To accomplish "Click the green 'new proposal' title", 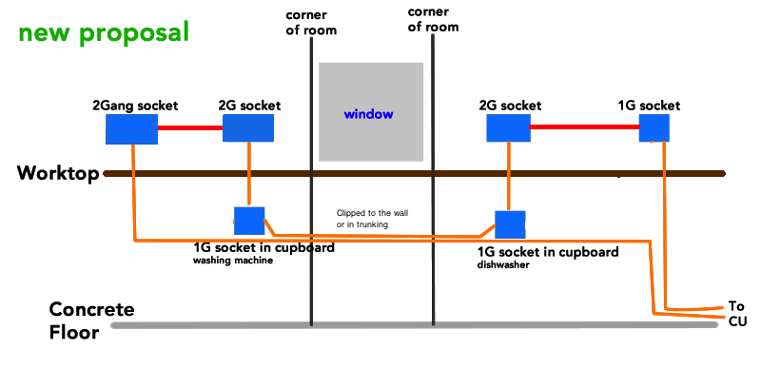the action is [104, 34].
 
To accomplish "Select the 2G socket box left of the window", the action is [248, 128].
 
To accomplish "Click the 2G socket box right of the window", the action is [508, 128].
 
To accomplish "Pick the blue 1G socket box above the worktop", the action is [654, 128].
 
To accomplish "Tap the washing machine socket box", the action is [249, 221].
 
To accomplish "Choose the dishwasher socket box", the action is [510, 224].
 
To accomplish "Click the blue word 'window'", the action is [368, 114].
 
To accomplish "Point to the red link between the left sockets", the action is [190, 128].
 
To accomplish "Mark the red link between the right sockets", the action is [584, 127].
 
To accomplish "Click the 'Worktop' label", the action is [58, 173].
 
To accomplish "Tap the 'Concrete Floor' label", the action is [91, 320].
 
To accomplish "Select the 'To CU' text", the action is [737, 314].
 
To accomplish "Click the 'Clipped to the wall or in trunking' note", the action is [369, 219].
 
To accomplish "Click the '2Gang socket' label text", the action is [135, 105].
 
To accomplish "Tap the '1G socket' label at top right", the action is [650, 105].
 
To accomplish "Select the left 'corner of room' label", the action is [311, 23].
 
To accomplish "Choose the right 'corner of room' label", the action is [433, 19].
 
